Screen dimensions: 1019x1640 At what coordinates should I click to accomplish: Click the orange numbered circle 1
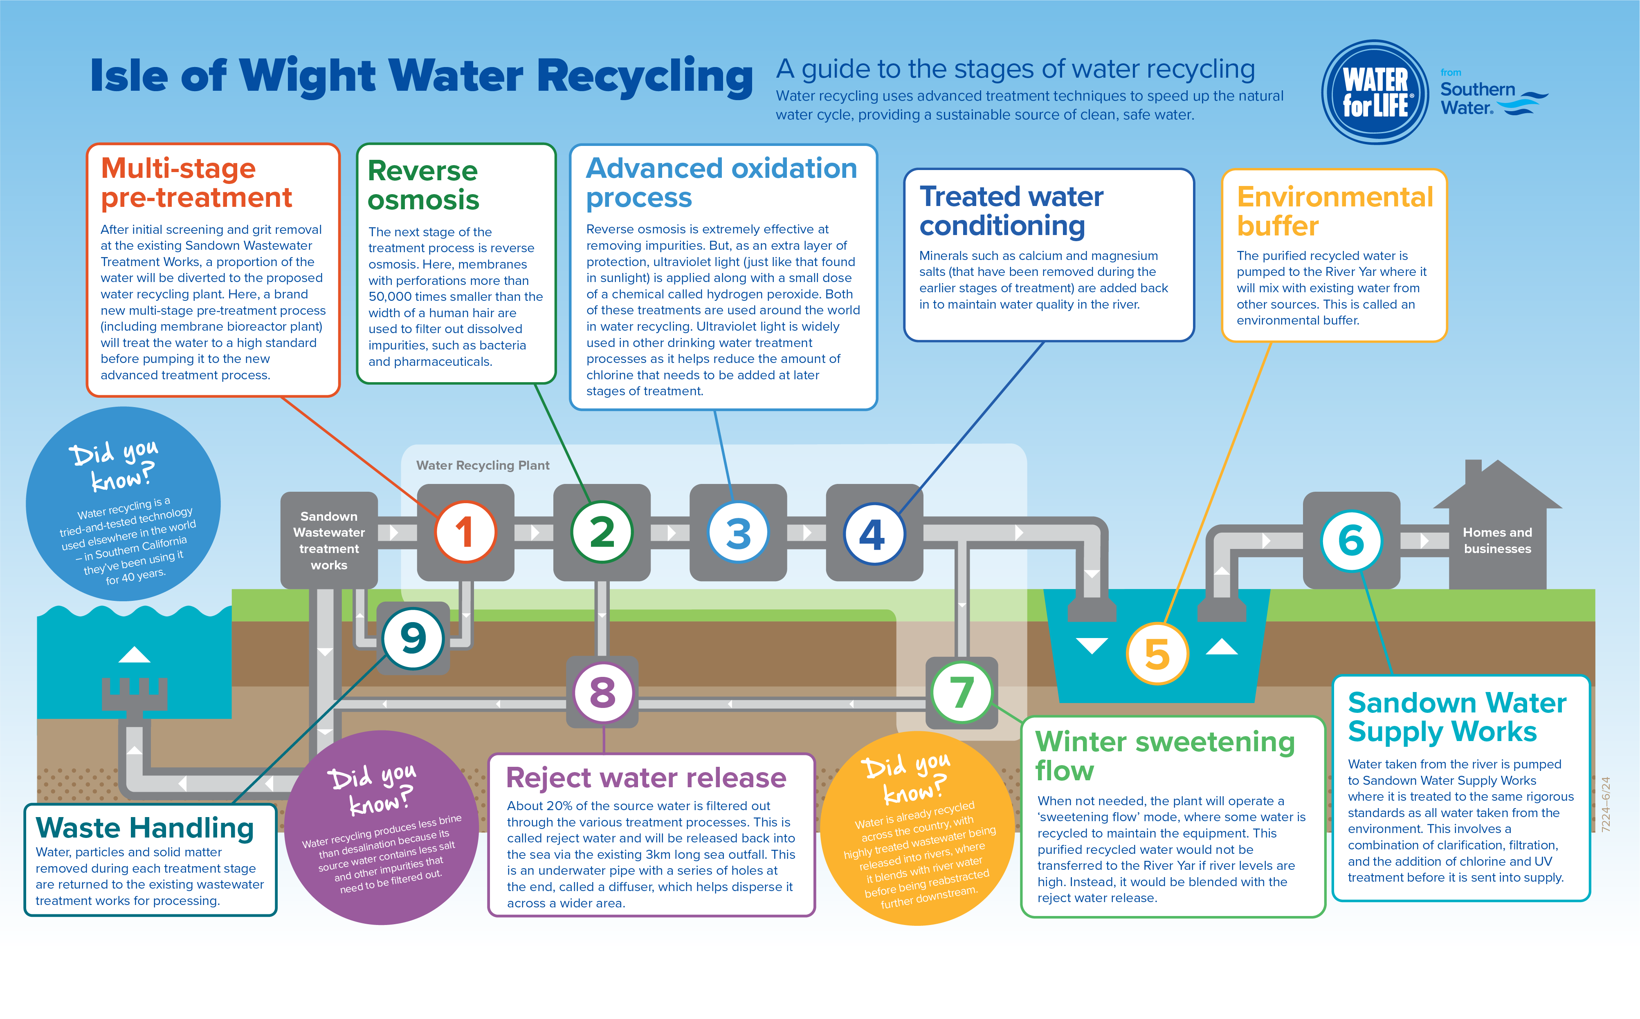(465, 533)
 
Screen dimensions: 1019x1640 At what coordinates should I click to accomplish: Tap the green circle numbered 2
(602, 533)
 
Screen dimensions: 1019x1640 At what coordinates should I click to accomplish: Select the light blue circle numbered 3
(738, 533)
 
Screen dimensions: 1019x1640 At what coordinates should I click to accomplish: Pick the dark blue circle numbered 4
(874, 534)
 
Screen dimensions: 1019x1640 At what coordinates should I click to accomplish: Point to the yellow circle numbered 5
(1157, 654)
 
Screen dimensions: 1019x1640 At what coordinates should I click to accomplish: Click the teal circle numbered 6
(1351, 540)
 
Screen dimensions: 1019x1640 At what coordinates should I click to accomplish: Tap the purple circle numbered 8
(603, 692)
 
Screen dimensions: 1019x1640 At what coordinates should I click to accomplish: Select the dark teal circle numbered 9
(413, 638)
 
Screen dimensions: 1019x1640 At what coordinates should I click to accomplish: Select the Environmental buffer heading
(1334, 211)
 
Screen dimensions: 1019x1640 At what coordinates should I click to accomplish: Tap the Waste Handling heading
(144, 828)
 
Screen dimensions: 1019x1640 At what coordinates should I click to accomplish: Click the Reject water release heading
(646, 778)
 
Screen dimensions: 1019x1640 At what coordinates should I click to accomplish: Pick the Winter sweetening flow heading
(1165, 755)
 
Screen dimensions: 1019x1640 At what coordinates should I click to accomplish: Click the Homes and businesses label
(1497, 540)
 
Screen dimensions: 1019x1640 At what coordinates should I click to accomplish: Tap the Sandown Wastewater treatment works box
(329, 540)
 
